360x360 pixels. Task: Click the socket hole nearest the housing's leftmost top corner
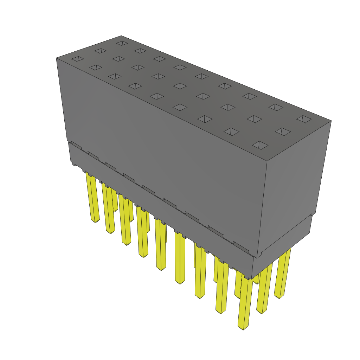[x=78, y=59]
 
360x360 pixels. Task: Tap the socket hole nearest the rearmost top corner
[x=122, y=43]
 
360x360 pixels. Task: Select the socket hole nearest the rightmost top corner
[x=304, y=119]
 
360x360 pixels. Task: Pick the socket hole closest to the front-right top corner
[x=260, y=145]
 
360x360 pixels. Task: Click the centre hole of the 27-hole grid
[x=180, y=86]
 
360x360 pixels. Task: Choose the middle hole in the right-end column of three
[x=283, y=131]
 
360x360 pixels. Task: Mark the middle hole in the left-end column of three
[x=100, y=51]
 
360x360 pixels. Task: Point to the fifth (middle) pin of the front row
[x=161, y=246]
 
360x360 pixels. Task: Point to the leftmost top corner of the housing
[x=56, y=58]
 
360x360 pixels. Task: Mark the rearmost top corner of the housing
[x=121, y=36]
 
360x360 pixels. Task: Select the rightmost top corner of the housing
[x=331, y=121]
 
